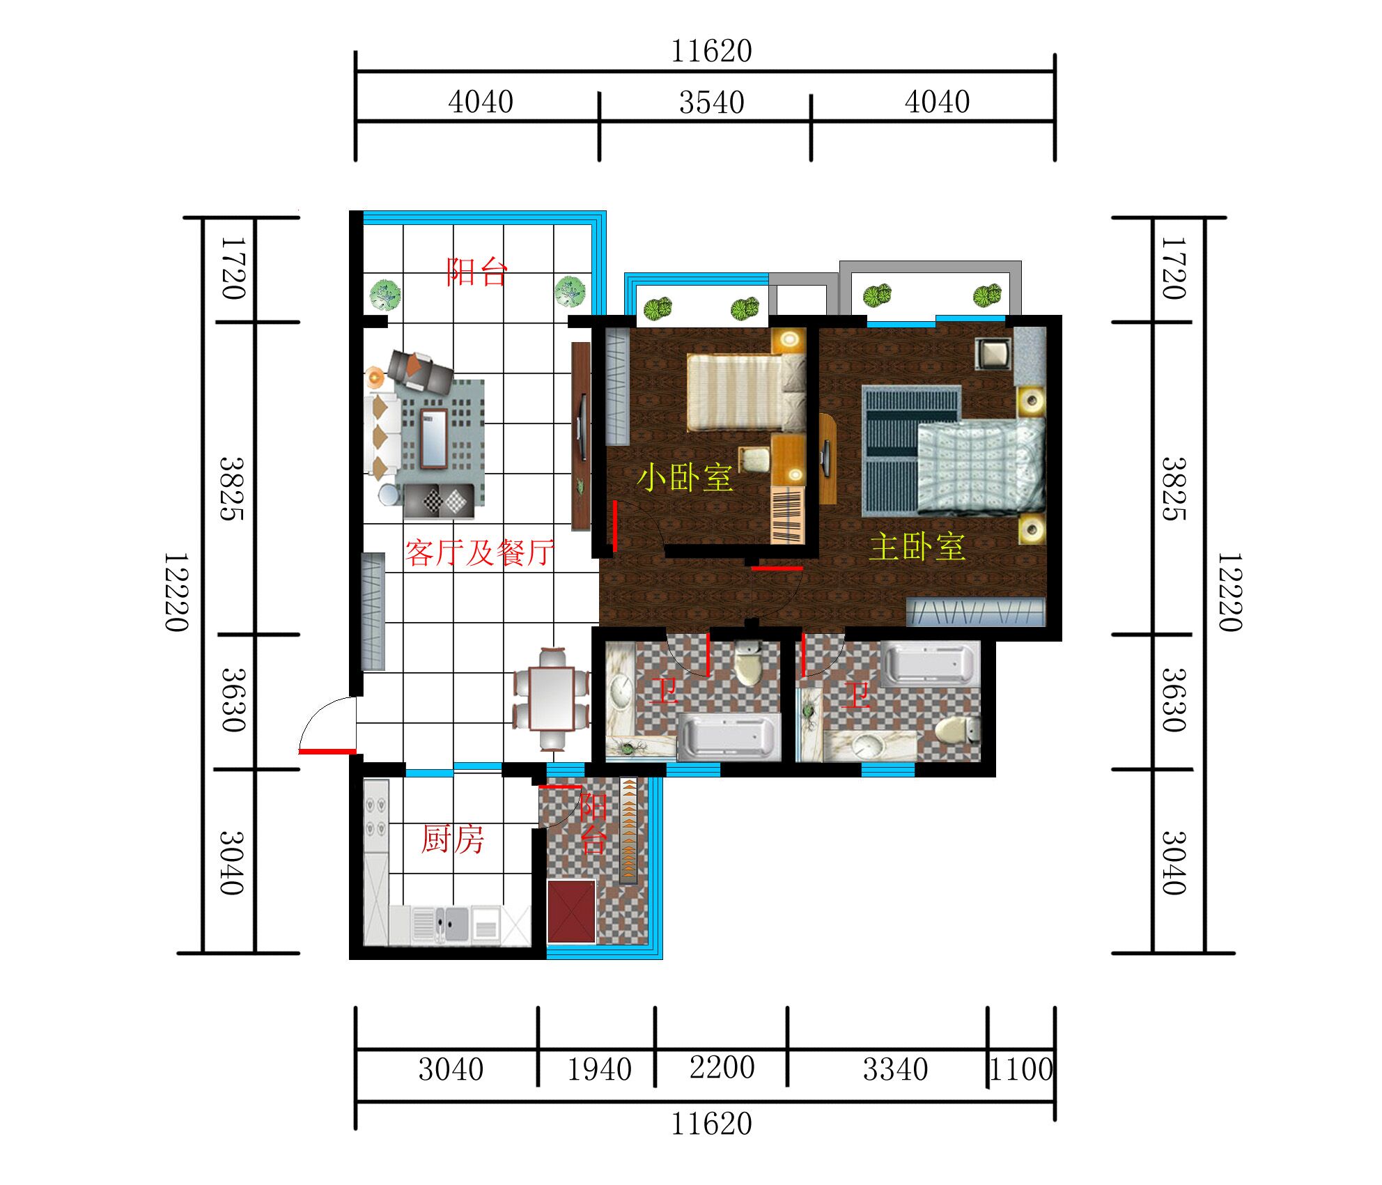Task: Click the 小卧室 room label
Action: [685, 478]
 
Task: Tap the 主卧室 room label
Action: [917, 547]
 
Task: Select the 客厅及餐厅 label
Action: [480, 553]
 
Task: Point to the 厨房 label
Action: [452, 839]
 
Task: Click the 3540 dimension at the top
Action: [711, 103]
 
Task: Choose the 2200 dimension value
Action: [722, 1068]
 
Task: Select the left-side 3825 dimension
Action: [232, 489]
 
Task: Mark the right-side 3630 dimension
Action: [1174, 700]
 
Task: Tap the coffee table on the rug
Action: [433, 437]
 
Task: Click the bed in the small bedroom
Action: [746, 392]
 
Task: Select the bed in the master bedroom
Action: [981, 465]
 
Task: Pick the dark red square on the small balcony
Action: [571, 911]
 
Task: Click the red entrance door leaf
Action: [327, 752]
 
